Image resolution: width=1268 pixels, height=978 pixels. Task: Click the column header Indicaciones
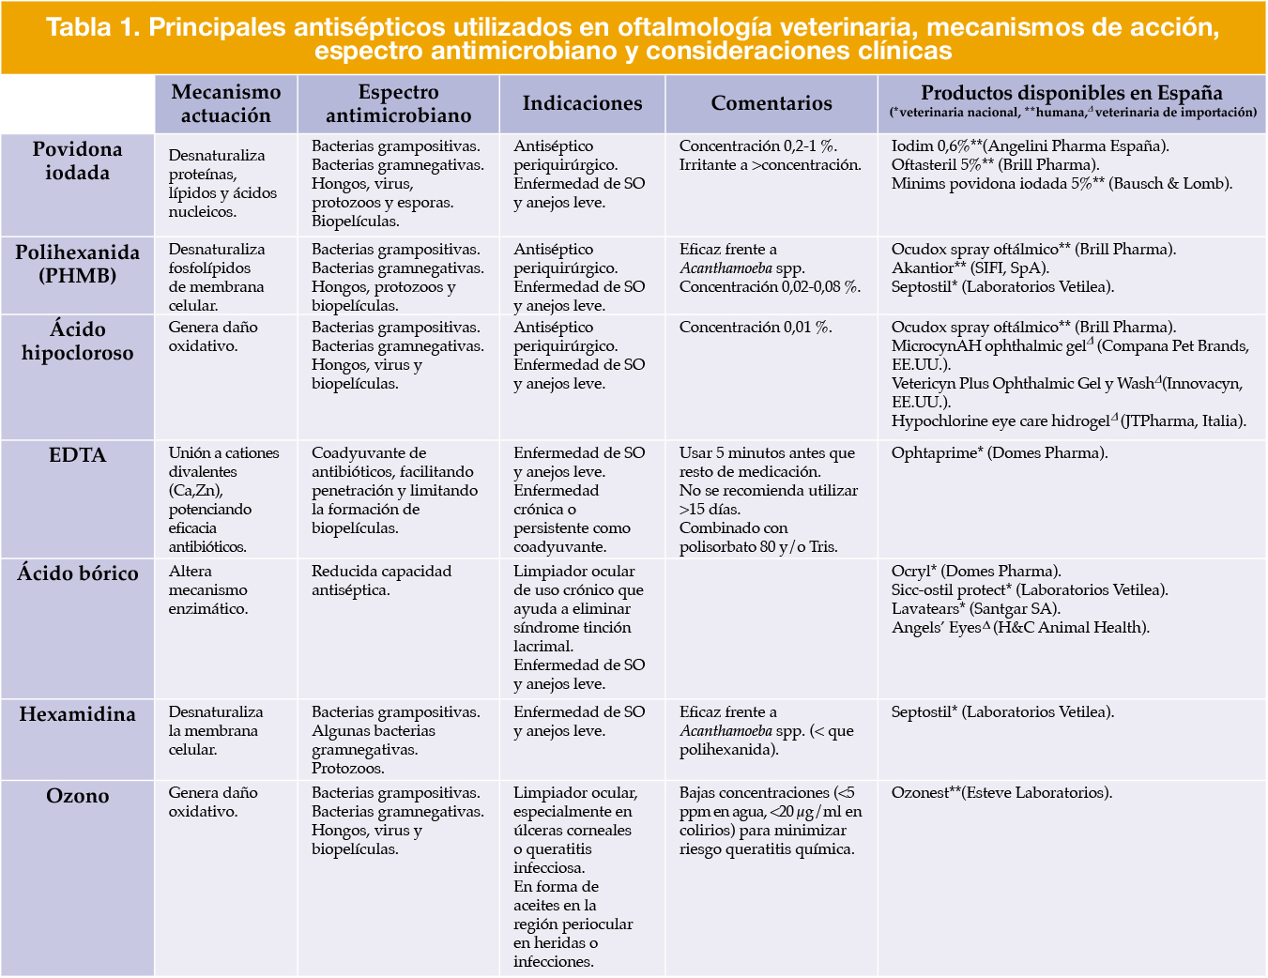click(x=582, y=103)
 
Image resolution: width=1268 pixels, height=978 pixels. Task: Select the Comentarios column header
click(x=771, y=103)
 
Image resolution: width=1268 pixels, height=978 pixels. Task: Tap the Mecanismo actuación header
click(x=226, y=103)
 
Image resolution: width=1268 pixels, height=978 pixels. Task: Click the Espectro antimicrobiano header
click(x=398, y=103)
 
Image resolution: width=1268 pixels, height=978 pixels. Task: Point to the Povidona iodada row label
click(x=77, y=160)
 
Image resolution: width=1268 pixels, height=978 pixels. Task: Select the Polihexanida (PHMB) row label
click(x=77, y=264)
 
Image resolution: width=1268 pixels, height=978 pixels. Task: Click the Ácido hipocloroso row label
click(x=77, y=341)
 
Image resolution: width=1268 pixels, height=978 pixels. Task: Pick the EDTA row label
click(x=77, y=455)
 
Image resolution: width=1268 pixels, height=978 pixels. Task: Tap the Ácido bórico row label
click(x=77, y=573)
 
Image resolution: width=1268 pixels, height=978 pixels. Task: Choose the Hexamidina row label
click(x=77, y=714)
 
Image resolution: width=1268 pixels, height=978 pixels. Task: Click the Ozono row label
click(x=77, y=796)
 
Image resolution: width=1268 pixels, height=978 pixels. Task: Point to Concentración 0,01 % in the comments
click(x=756, y=328)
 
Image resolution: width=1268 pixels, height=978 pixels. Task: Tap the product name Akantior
click(x=923, y=268)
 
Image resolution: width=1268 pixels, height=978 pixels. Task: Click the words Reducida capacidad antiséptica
click(x=381, y=581)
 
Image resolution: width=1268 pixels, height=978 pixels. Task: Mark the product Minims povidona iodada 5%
click(x=991, y=184)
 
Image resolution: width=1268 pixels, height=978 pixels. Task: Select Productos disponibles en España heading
click(x=1071, y=93)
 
